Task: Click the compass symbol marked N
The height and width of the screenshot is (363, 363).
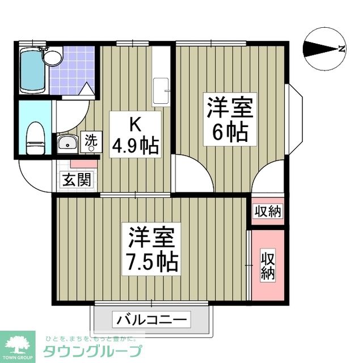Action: coord(324,49)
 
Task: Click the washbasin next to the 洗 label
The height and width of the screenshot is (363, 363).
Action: coord(67,143)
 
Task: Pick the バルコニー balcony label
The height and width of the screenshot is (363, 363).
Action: coord(151,319)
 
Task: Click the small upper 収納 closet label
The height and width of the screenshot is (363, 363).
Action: coord(268,212)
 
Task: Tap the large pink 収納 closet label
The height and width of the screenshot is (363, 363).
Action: coord(268,265)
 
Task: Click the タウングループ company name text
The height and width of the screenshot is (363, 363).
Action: coord(92,349)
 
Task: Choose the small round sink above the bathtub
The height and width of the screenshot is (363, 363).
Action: coord(53,56)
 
